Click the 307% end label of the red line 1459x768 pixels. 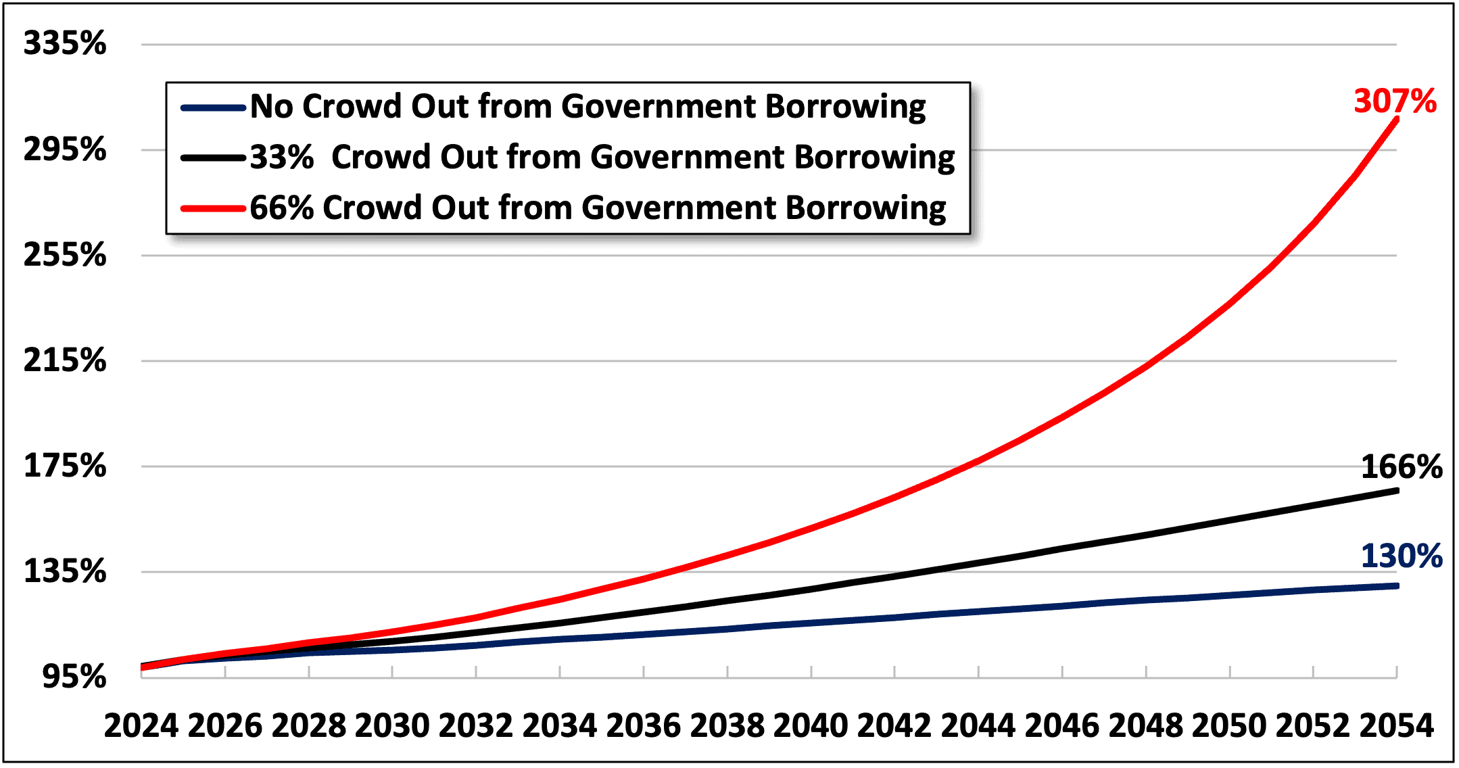(x=1394, y=101)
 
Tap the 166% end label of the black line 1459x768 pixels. (x=1401, y=467)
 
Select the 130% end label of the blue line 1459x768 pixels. (x=1401, y=556)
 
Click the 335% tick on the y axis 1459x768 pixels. (x=65, y=44)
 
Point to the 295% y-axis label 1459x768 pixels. (x=65, y=149)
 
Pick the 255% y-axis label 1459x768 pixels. (x=65, y=256)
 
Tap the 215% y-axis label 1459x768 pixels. (x=65, y=360)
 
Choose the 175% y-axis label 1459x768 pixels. (x=65, y=466)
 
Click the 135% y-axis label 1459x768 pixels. (x=65, y=572)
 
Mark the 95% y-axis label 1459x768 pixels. (x=74, y=677)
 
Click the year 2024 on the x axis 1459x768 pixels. (x=141, y=726)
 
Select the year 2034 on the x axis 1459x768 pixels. (x=560, y=726)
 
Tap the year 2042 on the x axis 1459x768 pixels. (x=894, y=726)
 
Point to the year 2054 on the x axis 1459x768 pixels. (x=1397, y=726)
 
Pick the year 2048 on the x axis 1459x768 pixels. (x=1146, y=726)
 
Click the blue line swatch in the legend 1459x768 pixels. (x=213, y=107)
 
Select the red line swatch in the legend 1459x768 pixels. (x=213, y=208)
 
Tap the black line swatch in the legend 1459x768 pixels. (x=213, y=158)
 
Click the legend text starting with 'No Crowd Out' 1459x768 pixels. (x=588, y=107)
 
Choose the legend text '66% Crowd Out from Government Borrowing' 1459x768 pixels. (x=598, y=208)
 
